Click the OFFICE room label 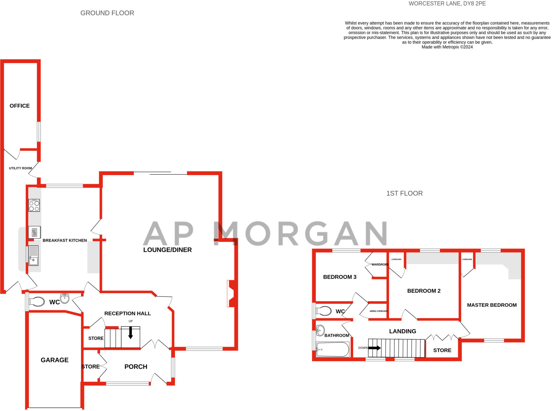[20, 106]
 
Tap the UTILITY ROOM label [20, 168]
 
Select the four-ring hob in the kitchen [34, 205]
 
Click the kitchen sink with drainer [33, 255]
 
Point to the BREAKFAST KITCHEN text [65, 240]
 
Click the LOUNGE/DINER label [167, 250]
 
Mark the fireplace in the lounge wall [232, 293]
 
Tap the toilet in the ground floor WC [37, 302]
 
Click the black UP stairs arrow [130, 333]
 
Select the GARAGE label [54, 360]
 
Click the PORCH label [136, 367]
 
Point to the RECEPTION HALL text [127, 314]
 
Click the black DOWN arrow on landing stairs [374, 348]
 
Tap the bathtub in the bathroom [333, 349]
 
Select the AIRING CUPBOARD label [378, 311]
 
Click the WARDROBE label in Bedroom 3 [380, 264]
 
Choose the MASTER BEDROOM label [492, 305]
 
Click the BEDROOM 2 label [424, 291]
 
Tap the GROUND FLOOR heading [107, 13]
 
